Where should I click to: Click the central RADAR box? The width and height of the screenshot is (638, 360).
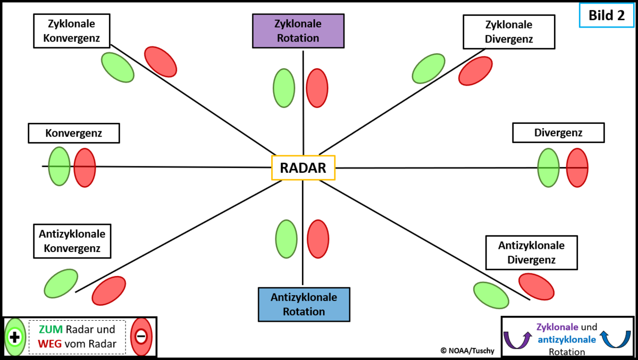[303, 168]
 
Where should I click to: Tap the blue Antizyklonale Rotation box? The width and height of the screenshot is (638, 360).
[304, 304]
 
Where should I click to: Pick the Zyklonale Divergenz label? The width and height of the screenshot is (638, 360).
[509, 32]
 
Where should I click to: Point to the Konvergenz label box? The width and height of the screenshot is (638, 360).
[73, 133]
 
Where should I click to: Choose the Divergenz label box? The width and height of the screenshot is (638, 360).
[558, 132]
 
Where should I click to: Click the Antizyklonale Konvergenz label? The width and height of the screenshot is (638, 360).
[72, 241]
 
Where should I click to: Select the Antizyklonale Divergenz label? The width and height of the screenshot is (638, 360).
[531, 253]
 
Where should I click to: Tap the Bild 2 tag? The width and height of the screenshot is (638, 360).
[606, 15]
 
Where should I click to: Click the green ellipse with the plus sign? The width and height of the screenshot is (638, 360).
[14, 337]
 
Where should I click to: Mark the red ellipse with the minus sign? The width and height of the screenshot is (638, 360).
[141, 337]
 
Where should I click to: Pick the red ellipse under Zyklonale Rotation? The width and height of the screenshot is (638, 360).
[317, 88]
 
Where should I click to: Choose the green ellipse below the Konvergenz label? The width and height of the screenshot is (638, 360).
[59, 166]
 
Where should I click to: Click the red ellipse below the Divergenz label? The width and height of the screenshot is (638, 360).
[577, 168]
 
